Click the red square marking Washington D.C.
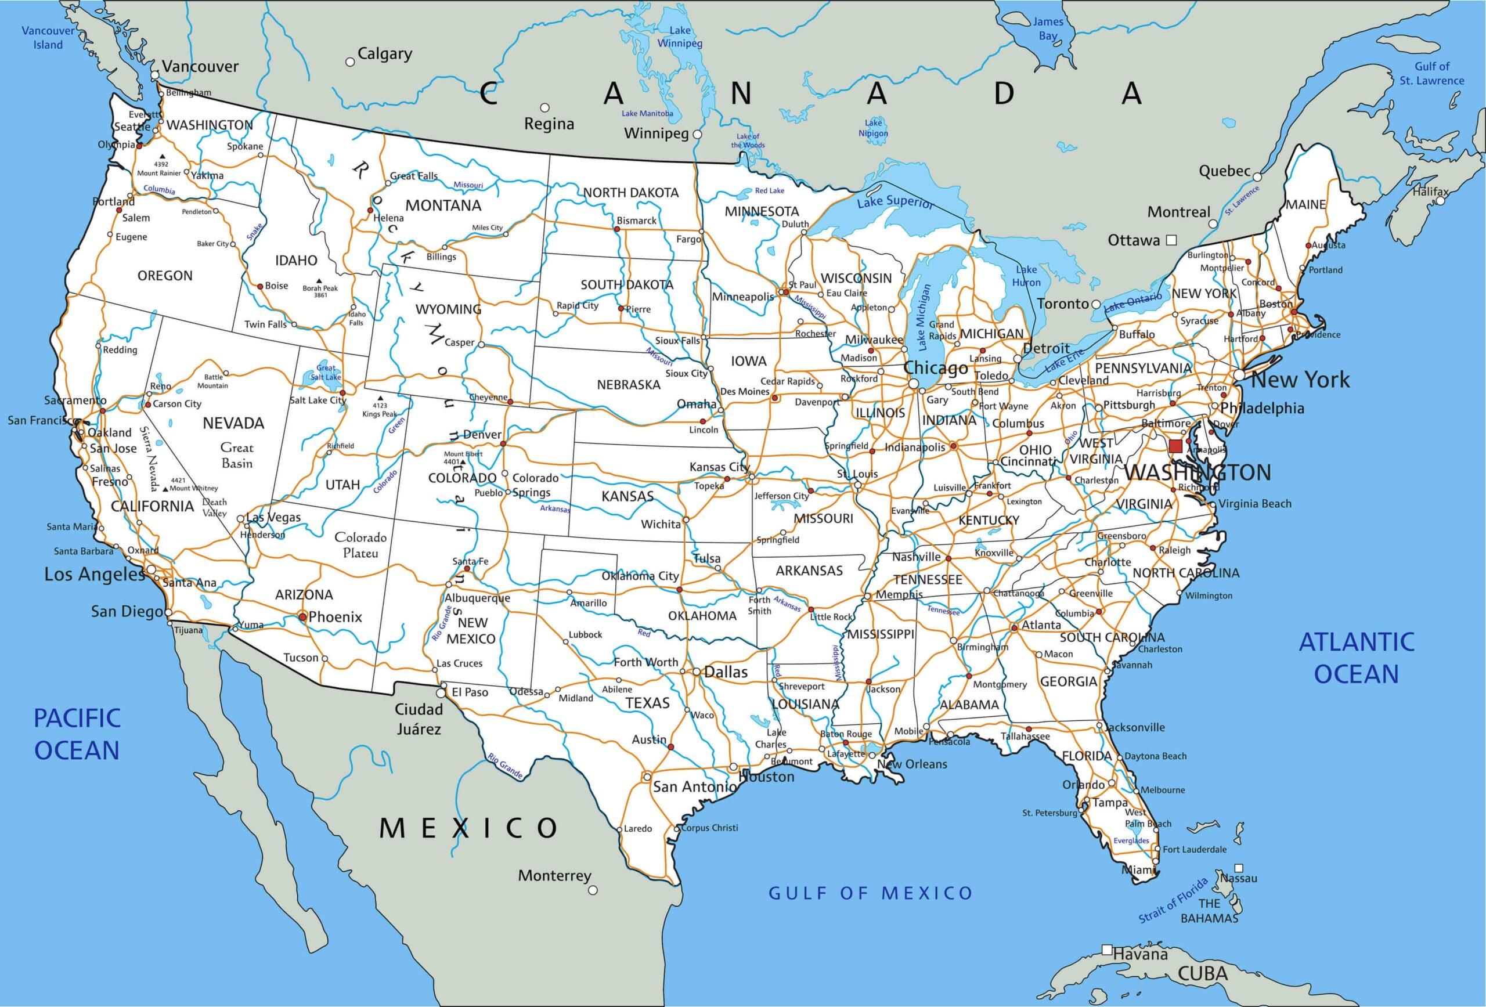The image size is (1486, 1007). coord(1175,446)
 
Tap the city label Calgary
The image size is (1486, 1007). coord(384,54)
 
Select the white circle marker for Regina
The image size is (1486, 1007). coord(545,107)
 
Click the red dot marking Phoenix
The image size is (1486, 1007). coord(302,617)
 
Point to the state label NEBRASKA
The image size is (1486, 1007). coord(628,385)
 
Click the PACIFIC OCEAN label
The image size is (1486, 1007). coord(77,734)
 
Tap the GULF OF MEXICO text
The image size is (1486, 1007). coord(870,893)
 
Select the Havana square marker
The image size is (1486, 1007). coord(1107,950)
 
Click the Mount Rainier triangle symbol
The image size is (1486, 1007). coord(163,156)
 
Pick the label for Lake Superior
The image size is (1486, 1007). coord(895,202)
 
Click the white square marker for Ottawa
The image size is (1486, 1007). coord(1171,240)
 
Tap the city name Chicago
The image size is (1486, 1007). coord(936,369)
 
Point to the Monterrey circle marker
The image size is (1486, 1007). coord(593,889)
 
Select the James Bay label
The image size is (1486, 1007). coord(1048,29)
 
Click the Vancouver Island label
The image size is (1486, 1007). coord(48,37)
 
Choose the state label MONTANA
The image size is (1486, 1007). coord(443,205)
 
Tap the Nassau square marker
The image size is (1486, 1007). coord(1239,868)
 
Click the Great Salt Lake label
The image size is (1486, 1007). coord(326,372)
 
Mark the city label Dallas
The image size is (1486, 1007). coord(725,672)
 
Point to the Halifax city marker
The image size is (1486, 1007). coord(1441,201)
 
